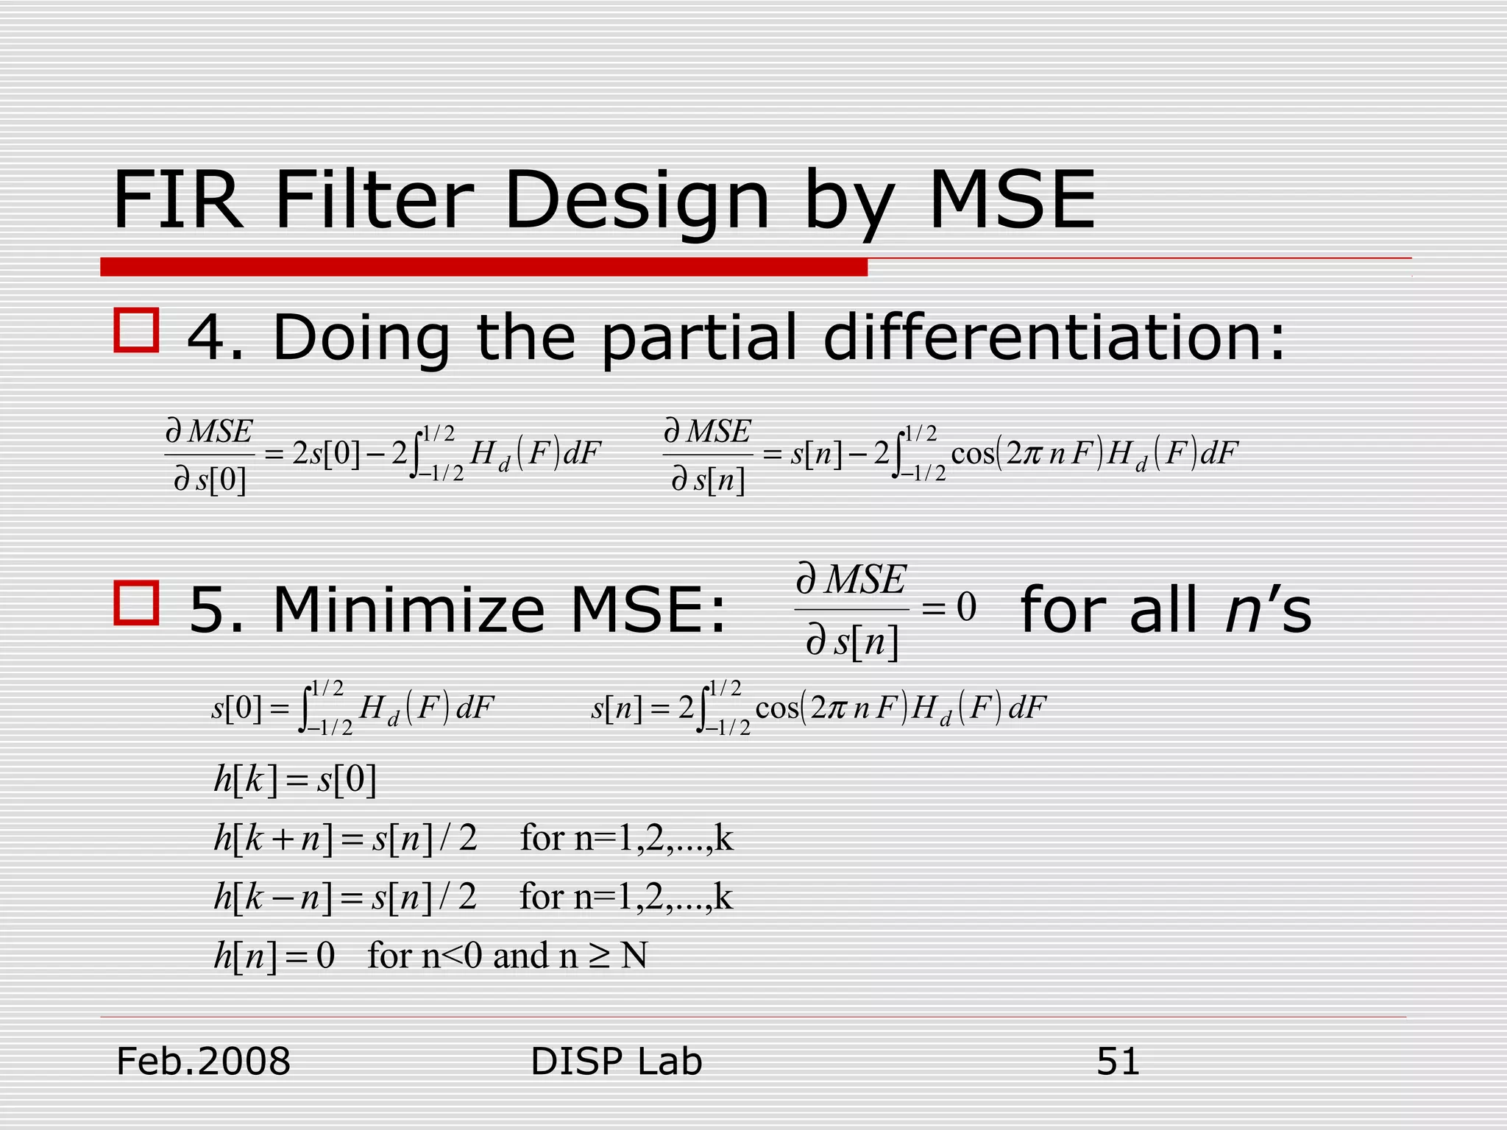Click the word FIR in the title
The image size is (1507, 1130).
coord(177,200)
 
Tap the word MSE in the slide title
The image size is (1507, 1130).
coord(1012,200)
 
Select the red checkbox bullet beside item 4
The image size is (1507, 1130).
coord(136,330)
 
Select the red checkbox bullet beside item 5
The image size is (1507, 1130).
coord(136,603)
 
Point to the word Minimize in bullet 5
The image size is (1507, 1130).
coord(408,610)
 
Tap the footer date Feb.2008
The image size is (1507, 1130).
coord(204,1061)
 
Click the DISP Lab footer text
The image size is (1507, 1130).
coord(616,1061)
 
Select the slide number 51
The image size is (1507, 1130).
coord(1118,1061)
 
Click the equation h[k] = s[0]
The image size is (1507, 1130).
coord(295,779)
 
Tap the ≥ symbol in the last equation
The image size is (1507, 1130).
coord(600,956)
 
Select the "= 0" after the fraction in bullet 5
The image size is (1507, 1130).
coord(949,608)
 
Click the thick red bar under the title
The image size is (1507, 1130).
coord(483,267)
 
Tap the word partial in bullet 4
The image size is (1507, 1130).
coord(699,338)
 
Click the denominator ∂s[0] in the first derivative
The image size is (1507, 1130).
coord(210,480)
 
